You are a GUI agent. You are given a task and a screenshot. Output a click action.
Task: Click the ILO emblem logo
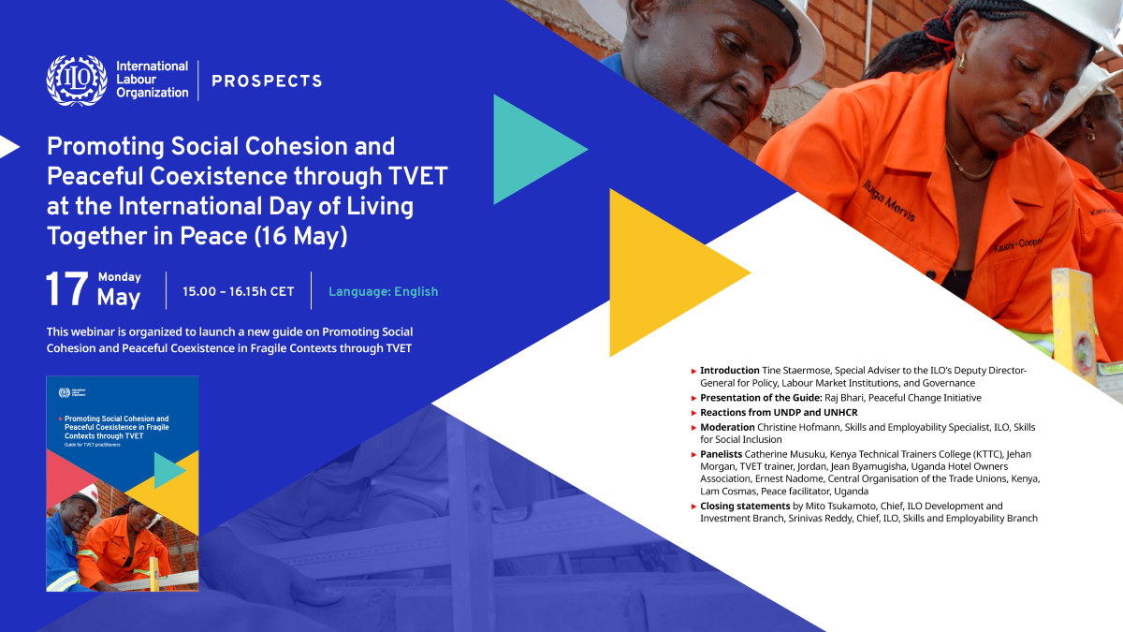[77, 81]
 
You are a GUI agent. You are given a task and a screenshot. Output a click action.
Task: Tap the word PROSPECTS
[267, 81]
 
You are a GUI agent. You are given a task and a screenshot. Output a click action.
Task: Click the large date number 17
[67, 290]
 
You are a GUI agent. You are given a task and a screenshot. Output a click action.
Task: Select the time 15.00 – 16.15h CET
[239, 291]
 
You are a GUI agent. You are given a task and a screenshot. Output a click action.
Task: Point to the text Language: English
[383, 291]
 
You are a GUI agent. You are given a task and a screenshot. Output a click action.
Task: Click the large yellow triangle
[664, 272]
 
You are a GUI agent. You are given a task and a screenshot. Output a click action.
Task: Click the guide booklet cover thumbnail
[122, 483]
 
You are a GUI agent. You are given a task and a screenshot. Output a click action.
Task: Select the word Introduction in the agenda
[730, 371]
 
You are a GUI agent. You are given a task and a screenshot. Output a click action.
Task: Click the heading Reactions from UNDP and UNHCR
[779, 412]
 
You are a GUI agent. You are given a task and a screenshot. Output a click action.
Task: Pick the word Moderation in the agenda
[727, 427]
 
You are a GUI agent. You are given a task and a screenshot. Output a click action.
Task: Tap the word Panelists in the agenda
[722, 454]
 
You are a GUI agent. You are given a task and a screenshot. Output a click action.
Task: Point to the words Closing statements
[745, 507]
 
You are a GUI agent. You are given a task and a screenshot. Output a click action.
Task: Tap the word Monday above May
[119, 277]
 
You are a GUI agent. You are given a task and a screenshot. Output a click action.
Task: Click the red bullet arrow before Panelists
[693, 454]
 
